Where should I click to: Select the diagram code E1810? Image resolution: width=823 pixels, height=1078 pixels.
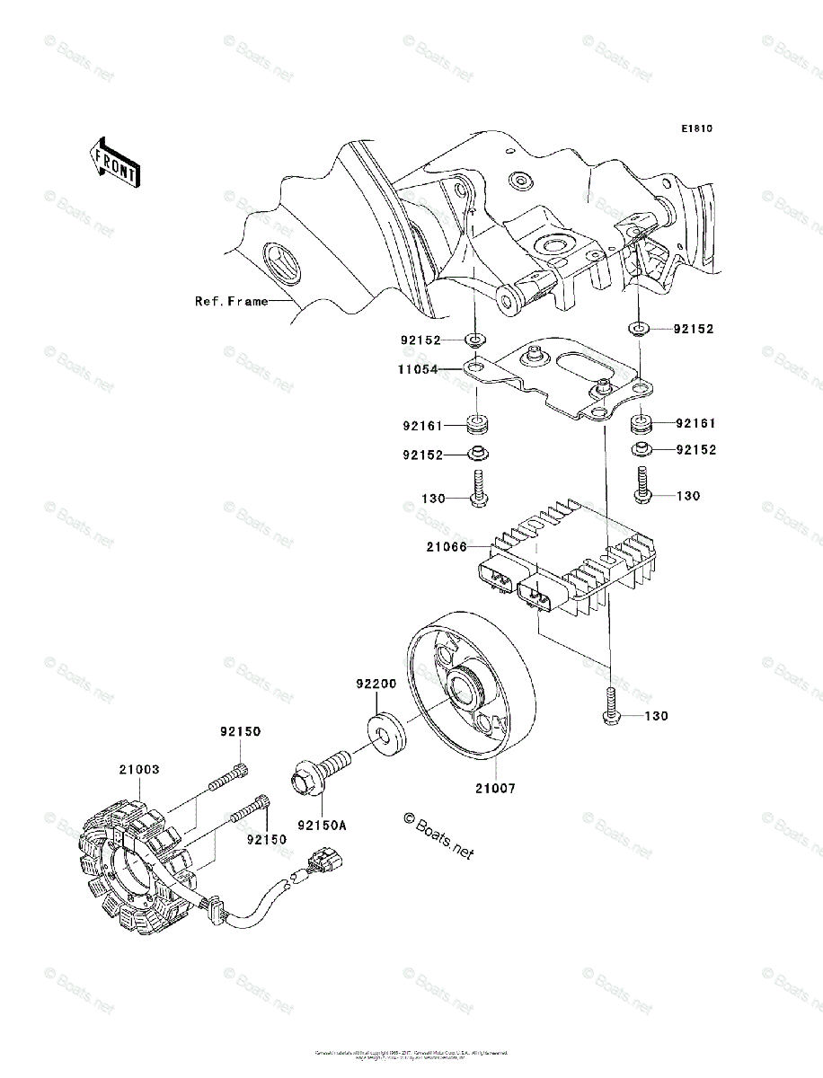695,129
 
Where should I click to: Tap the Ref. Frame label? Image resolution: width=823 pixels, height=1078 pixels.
231,302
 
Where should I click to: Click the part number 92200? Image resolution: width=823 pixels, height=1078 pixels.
375,684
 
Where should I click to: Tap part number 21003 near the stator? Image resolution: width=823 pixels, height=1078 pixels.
139,770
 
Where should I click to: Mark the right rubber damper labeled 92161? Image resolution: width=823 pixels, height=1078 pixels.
642,422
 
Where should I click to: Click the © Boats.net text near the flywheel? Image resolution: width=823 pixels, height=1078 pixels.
438,834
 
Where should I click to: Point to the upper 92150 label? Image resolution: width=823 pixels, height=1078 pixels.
240,732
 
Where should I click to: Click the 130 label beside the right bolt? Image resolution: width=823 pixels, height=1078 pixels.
687,496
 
